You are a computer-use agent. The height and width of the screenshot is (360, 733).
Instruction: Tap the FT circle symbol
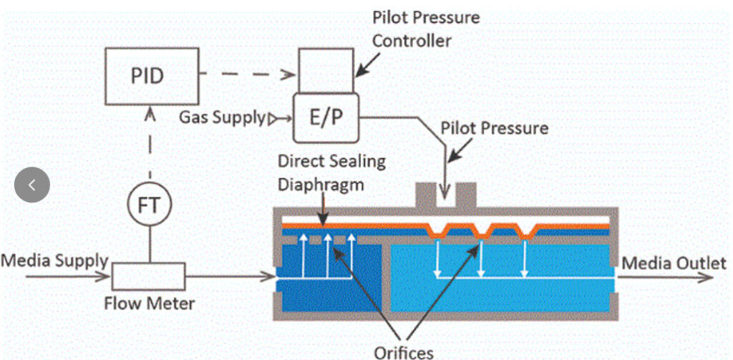point(150,205)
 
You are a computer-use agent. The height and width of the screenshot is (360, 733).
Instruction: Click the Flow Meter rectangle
point(148,275)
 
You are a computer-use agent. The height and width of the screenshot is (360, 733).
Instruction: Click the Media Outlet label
point(674,263)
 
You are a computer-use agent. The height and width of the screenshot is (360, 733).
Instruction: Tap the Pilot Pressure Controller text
point(426,28)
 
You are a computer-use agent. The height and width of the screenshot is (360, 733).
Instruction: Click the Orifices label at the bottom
point(404,351)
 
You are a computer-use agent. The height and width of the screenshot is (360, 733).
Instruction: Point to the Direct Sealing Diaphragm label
point(331,172)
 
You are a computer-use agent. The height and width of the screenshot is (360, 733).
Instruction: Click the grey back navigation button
point(32,185)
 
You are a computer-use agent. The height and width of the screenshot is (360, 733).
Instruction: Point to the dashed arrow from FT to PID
point(150,147)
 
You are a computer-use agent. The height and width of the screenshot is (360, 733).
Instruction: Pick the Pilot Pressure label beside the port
point(495,130)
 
